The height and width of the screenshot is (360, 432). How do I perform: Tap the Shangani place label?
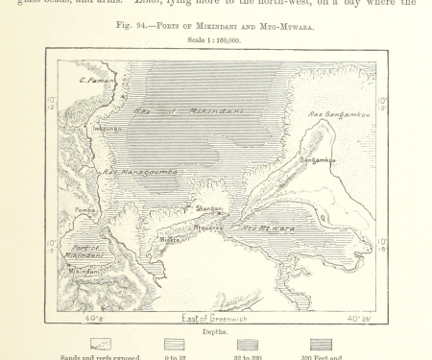208,208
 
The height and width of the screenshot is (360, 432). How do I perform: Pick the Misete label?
169,240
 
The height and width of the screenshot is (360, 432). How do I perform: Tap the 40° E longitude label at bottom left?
92,318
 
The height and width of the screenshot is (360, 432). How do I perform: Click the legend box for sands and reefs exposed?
101,344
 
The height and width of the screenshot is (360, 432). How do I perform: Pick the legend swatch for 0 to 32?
174,344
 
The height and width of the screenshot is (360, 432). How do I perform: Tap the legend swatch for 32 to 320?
247,344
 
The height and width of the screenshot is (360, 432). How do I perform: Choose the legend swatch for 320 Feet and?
321,344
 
